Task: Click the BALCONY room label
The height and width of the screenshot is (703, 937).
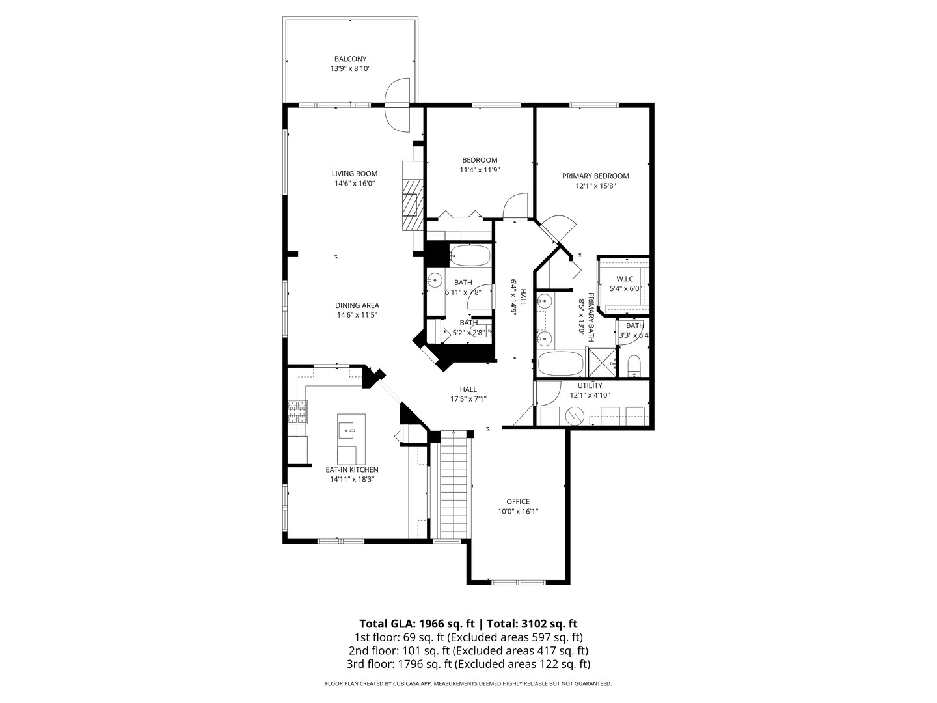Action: click(x=350, y=59)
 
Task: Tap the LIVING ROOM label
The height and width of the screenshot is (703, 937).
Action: click(x=355, y=174)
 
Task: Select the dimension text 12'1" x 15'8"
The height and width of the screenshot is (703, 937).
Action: click(x=595, y=186)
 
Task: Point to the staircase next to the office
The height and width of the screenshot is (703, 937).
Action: click(x=455, y=485)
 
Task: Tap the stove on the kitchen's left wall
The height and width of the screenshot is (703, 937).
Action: click(x=297, y=413)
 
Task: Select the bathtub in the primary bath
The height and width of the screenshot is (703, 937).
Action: click(x=561, y=363)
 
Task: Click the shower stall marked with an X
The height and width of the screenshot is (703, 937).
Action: click(x=601, y=363)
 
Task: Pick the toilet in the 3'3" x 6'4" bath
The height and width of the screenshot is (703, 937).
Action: click(x=634, y=365)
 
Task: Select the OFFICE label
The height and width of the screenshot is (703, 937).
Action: click(x=518, y=501)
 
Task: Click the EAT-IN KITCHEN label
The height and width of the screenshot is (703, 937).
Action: click(x=352, y=469)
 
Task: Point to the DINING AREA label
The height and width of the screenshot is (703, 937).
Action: click(x=357, y=305)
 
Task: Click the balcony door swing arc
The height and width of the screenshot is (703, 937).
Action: click(x=397, y=105)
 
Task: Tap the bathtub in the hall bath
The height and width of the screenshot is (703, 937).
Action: click(x=469, y=255)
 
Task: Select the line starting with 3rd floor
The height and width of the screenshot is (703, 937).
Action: click(x=468, y=664)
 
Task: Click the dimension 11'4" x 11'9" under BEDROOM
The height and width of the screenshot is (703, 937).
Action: click(x=480, y=170)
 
